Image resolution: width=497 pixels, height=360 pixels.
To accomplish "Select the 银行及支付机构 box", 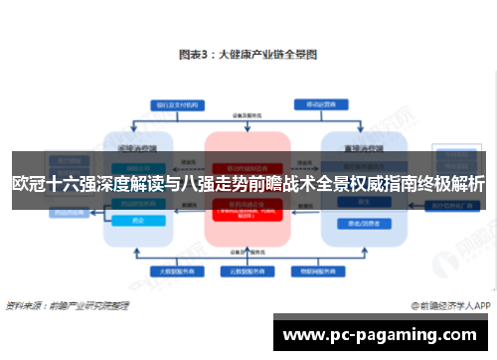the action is coord(179,104).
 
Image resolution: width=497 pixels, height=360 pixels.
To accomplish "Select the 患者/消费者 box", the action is coord(354,222).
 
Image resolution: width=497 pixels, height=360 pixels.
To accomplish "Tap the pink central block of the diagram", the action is coord(248,219).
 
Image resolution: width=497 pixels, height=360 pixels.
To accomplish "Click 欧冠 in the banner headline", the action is coord(30,184).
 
